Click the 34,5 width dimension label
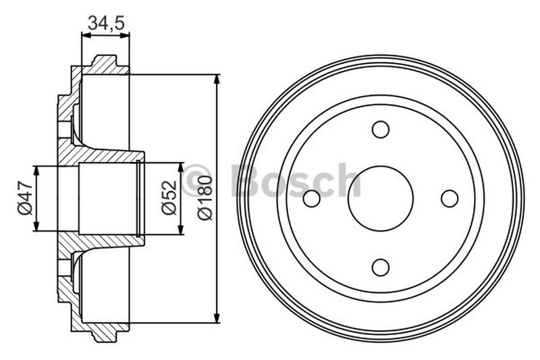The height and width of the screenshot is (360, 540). click(x=104, y=22)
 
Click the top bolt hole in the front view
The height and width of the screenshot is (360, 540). click(x=381, y=129)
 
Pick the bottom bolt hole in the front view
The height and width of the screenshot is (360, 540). click(x=381, y=267)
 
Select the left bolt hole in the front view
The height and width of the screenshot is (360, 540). click(x=312, y=199)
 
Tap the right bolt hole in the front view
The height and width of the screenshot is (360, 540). click(x=450, y=199)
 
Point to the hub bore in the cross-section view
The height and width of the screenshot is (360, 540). click(x=108, y=199)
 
